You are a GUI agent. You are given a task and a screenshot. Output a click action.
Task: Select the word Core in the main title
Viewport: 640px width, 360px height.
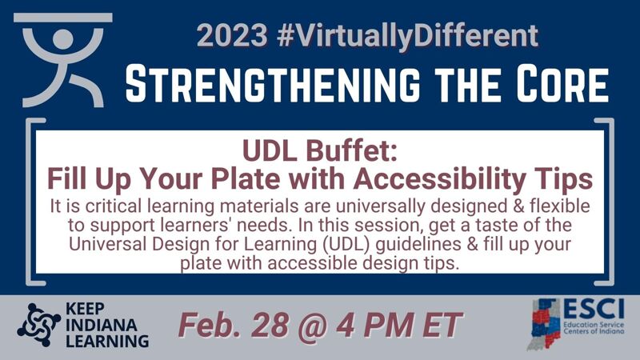[561, 82]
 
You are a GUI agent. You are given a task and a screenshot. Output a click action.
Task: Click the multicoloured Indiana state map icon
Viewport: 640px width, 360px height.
[544, 323]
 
